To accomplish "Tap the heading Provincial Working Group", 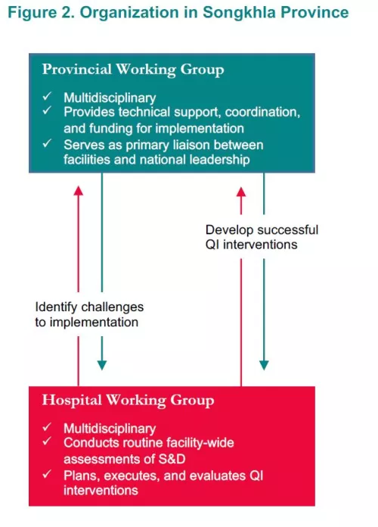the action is click(133, 70).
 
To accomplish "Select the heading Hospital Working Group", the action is click(128, 401).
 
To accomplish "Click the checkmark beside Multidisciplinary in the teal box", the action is click(47, 96).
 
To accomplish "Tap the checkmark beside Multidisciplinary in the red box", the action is click(47, 427).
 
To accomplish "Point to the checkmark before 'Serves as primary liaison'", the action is click(47, 143).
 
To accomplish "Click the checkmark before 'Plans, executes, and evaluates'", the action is click(47, 474).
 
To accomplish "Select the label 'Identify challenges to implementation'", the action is click(89, 314).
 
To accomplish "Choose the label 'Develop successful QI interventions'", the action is click(262, 237).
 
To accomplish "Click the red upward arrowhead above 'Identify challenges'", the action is click(78, 191).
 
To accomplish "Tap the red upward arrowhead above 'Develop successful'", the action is click(241, 192).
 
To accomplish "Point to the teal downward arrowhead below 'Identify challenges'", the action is click(102, 365).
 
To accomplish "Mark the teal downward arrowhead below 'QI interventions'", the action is click(264, 365).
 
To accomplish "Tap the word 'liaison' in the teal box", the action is click(191, 145).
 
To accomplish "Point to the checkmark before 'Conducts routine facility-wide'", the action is click(47, 441).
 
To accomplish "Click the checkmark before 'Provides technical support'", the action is click(47, 111).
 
